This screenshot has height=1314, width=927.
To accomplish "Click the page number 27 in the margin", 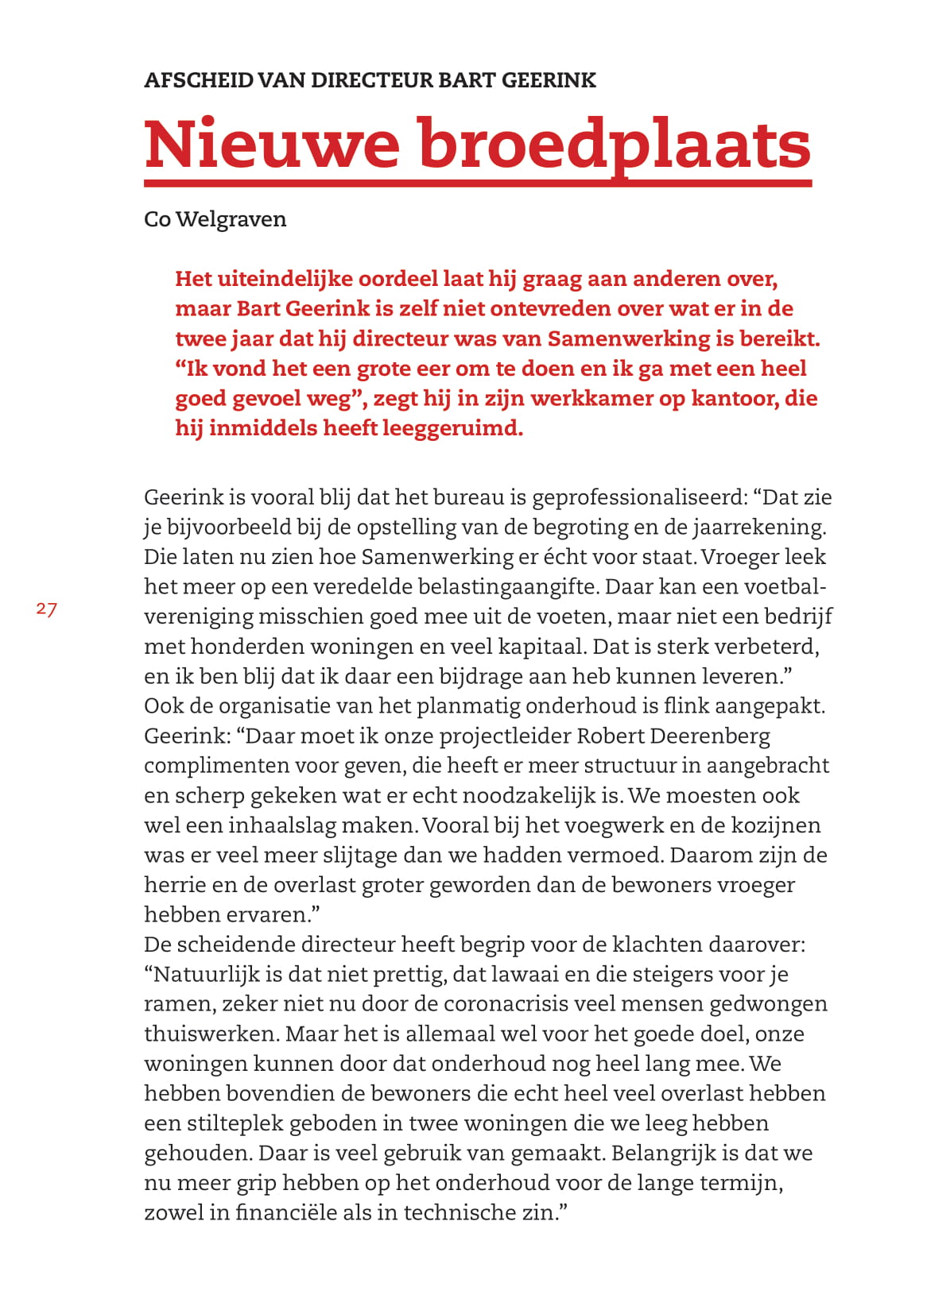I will point(46,609).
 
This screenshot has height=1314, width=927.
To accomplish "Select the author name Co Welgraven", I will point(215,219).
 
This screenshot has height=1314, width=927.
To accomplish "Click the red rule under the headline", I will point(477,184).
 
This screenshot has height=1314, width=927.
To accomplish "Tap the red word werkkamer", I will point(591,398).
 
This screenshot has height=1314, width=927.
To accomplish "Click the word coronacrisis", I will point(506,1004).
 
